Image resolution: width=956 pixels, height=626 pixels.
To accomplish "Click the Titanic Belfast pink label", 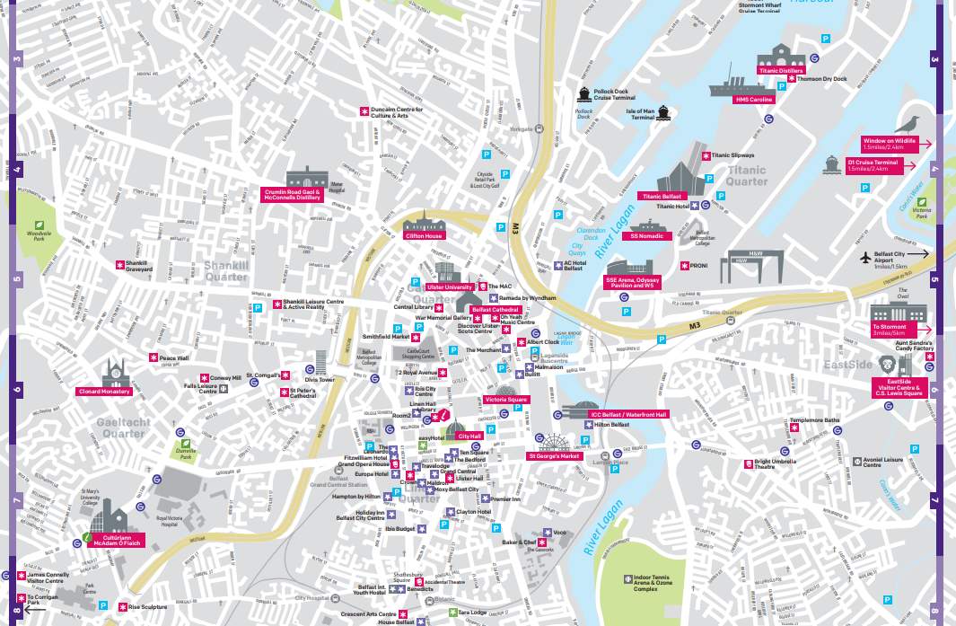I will (x=662, y=196).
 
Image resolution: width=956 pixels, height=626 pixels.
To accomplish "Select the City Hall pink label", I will (x=470, y=436).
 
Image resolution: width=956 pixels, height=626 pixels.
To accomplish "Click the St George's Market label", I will (x=554, y=456).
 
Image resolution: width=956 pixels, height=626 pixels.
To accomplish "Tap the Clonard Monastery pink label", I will (x=104, y=392).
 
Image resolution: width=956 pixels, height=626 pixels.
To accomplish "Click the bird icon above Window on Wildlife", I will (x=914, y=124).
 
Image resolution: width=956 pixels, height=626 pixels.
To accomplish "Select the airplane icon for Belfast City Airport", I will (x=866, y=258).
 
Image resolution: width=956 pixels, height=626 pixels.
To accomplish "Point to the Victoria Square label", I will (x=506, y=399).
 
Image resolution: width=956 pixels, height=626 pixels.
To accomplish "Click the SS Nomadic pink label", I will (x=647, y=236).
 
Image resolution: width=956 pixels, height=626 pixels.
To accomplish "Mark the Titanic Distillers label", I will (x=781, y=70).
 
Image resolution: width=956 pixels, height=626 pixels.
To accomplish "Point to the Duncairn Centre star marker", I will (x=364, y=111).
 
